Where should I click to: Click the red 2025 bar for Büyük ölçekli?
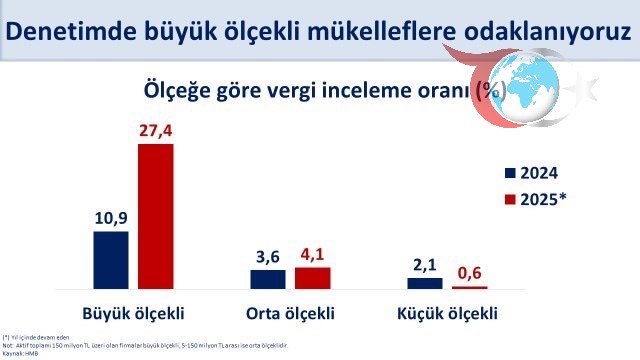click(155, 216)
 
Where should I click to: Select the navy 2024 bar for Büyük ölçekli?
click(111, 260)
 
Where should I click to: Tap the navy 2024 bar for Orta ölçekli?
click(268, 279)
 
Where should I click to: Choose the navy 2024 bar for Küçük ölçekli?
click(424, 283)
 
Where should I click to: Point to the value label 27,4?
click(157, 131)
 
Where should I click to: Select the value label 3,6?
click(268, 256)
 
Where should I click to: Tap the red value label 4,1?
click(312, 254)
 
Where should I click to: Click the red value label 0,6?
click(469, 272)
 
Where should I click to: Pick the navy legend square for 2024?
click(511, 172)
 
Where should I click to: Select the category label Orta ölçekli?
click(290, 311)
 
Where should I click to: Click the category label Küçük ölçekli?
click(446, 311)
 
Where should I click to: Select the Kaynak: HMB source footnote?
click(21, 353)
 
